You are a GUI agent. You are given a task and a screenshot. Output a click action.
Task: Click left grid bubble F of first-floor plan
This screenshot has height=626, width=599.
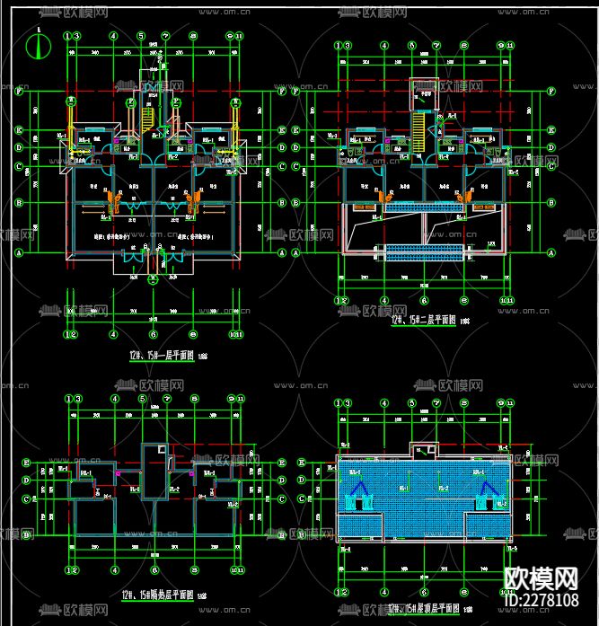20,91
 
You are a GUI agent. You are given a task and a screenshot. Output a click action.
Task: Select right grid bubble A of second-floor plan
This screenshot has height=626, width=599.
548,253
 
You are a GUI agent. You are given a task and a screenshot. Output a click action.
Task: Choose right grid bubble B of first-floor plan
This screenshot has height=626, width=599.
282,203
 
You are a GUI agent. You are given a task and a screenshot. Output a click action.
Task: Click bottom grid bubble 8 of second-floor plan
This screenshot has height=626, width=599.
464,300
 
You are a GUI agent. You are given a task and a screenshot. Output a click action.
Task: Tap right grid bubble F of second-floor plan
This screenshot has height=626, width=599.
548,92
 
